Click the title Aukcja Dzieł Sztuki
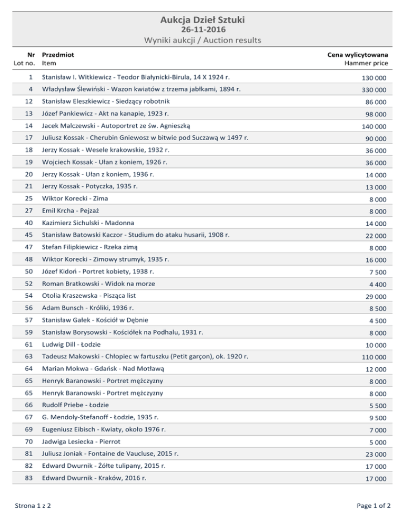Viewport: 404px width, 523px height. click(202, 21)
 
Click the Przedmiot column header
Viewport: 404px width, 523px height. click(58, 54)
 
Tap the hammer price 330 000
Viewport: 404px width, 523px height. click(374, 90)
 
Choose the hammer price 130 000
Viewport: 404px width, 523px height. click(374, 78)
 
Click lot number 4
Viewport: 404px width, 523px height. click(32, 89)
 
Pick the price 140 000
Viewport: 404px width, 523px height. click(374, 127)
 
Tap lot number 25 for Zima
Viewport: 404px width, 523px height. click(32, 199)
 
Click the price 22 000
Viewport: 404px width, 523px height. click(376, 236)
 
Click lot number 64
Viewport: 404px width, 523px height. click(32, 369)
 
